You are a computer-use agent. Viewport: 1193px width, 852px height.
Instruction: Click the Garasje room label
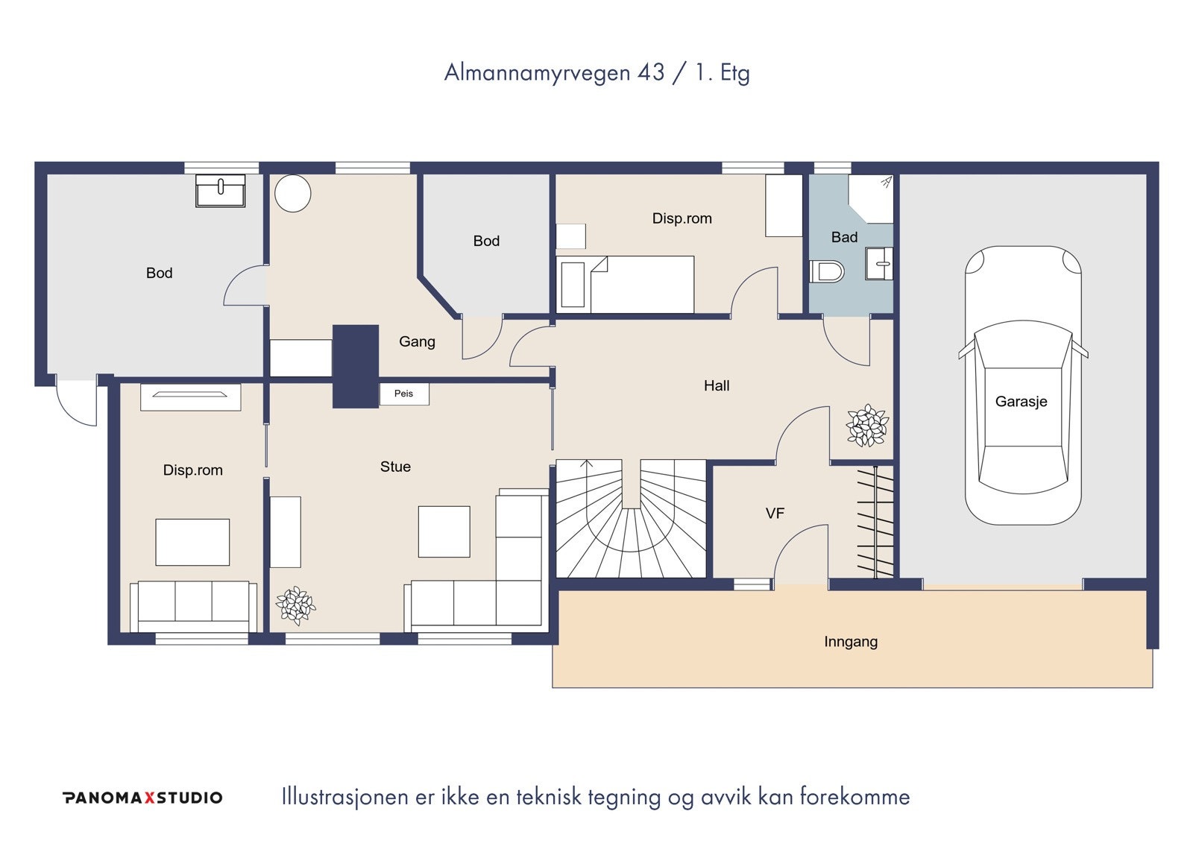pos(1021,402)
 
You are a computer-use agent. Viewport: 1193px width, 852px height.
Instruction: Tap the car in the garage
pos(1023,385)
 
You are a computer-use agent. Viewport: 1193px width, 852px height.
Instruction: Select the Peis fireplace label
pos(403,394)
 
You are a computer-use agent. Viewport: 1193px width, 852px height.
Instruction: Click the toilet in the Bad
pos(827,271)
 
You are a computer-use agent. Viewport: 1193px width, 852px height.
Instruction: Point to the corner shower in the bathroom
pos(871,198)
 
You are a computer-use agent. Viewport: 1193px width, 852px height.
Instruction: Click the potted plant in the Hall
pos(868,425)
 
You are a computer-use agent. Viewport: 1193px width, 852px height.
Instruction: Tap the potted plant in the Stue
pos(295,605)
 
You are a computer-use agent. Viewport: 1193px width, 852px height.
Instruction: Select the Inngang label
pos(851,642)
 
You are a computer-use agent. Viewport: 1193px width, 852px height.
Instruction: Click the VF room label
pos(775,514)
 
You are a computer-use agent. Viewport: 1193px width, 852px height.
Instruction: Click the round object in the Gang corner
pos(293,193)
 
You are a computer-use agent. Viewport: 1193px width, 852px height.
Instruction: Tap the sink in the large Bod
pos(220,191)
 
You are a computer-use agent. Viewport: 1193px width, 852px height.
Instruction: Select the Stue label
pos(395,467)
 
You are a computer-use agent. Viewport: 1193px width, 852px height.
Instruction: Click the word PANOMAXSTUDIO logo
pos(142,798)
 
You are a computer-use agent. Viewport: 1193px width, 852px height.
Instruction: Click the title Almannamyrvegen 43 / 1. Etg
pos(597,73)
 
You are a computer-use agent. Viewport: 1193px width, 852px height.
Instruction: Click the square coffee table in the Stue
pos(444,531)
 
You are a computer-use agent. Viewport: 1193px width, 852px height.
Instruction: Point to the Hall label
pos(717,385)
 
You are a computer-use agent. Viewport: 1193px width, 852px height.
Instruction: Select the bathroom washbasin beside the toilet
pos(879,263)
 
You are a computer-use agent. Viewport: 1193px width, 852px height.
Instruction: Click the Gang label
pos(417,342)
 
